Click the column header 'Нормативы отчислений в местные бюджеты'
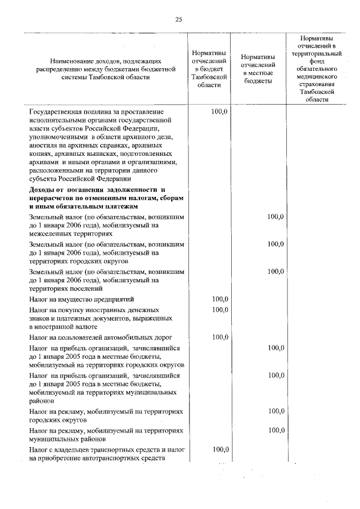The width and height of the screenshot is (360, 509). tap(258, 69)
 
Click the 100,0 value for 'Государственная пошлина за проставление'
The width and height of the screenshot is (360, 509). tap(219, 112)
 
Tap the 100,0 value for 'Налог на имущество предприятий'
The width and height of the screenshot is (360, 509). tap(219, 299)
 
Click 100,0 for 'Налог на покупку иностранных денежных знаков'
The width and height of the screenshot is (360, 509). tap(219, 309)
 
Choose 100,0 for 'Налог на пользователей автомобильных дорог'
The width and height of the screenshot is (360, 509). tap(219, 337)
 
